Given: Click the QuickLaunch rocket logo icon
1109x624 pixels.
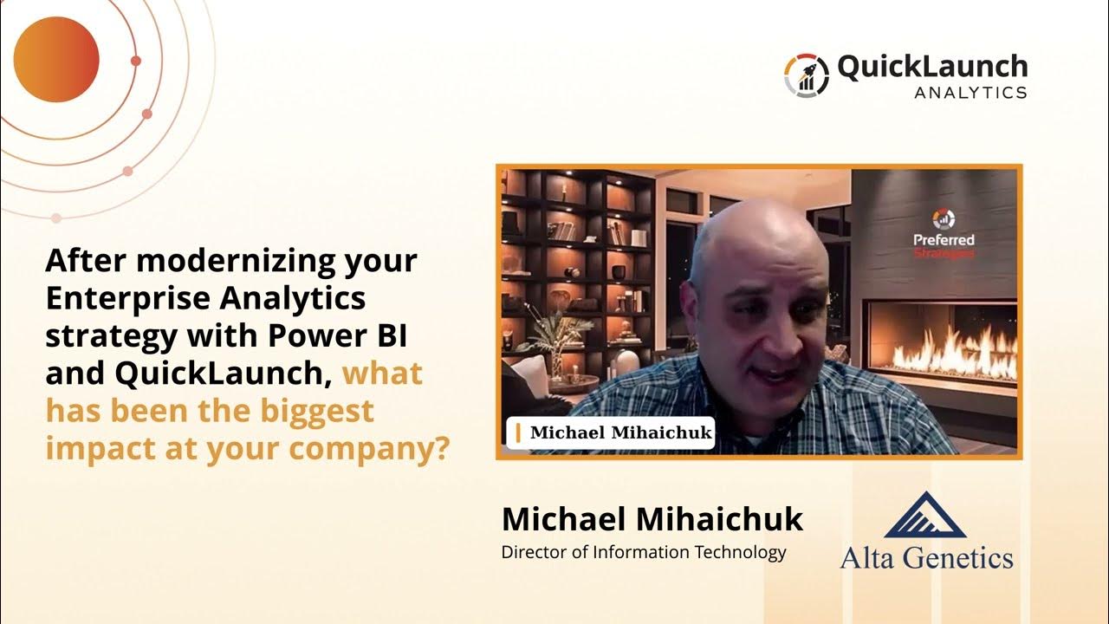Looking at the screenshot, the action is pos(807,75).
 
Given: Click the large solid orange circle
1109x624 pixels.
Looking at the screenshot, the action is pos(56,60).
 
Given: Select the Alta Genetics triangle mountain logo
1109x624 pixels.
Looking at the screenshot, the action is pos(925,515).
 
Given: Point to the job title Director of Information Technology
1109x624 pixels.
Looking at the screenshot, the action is pos(644,552).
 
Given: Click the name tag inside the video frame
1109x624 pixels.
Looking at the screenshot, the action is pos(611,432).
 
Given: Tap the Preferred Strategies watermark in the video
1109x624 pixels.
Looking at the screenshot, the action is pos(944,234).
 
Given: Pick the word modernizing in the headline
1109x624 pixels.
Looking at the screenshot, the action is pos(236,261).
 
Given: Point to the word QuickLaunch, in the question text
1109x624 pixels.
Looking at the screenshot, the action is pos(224,373).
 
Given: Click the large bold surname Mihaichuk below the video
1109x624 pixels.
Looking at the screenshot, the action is pos(719,519).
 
